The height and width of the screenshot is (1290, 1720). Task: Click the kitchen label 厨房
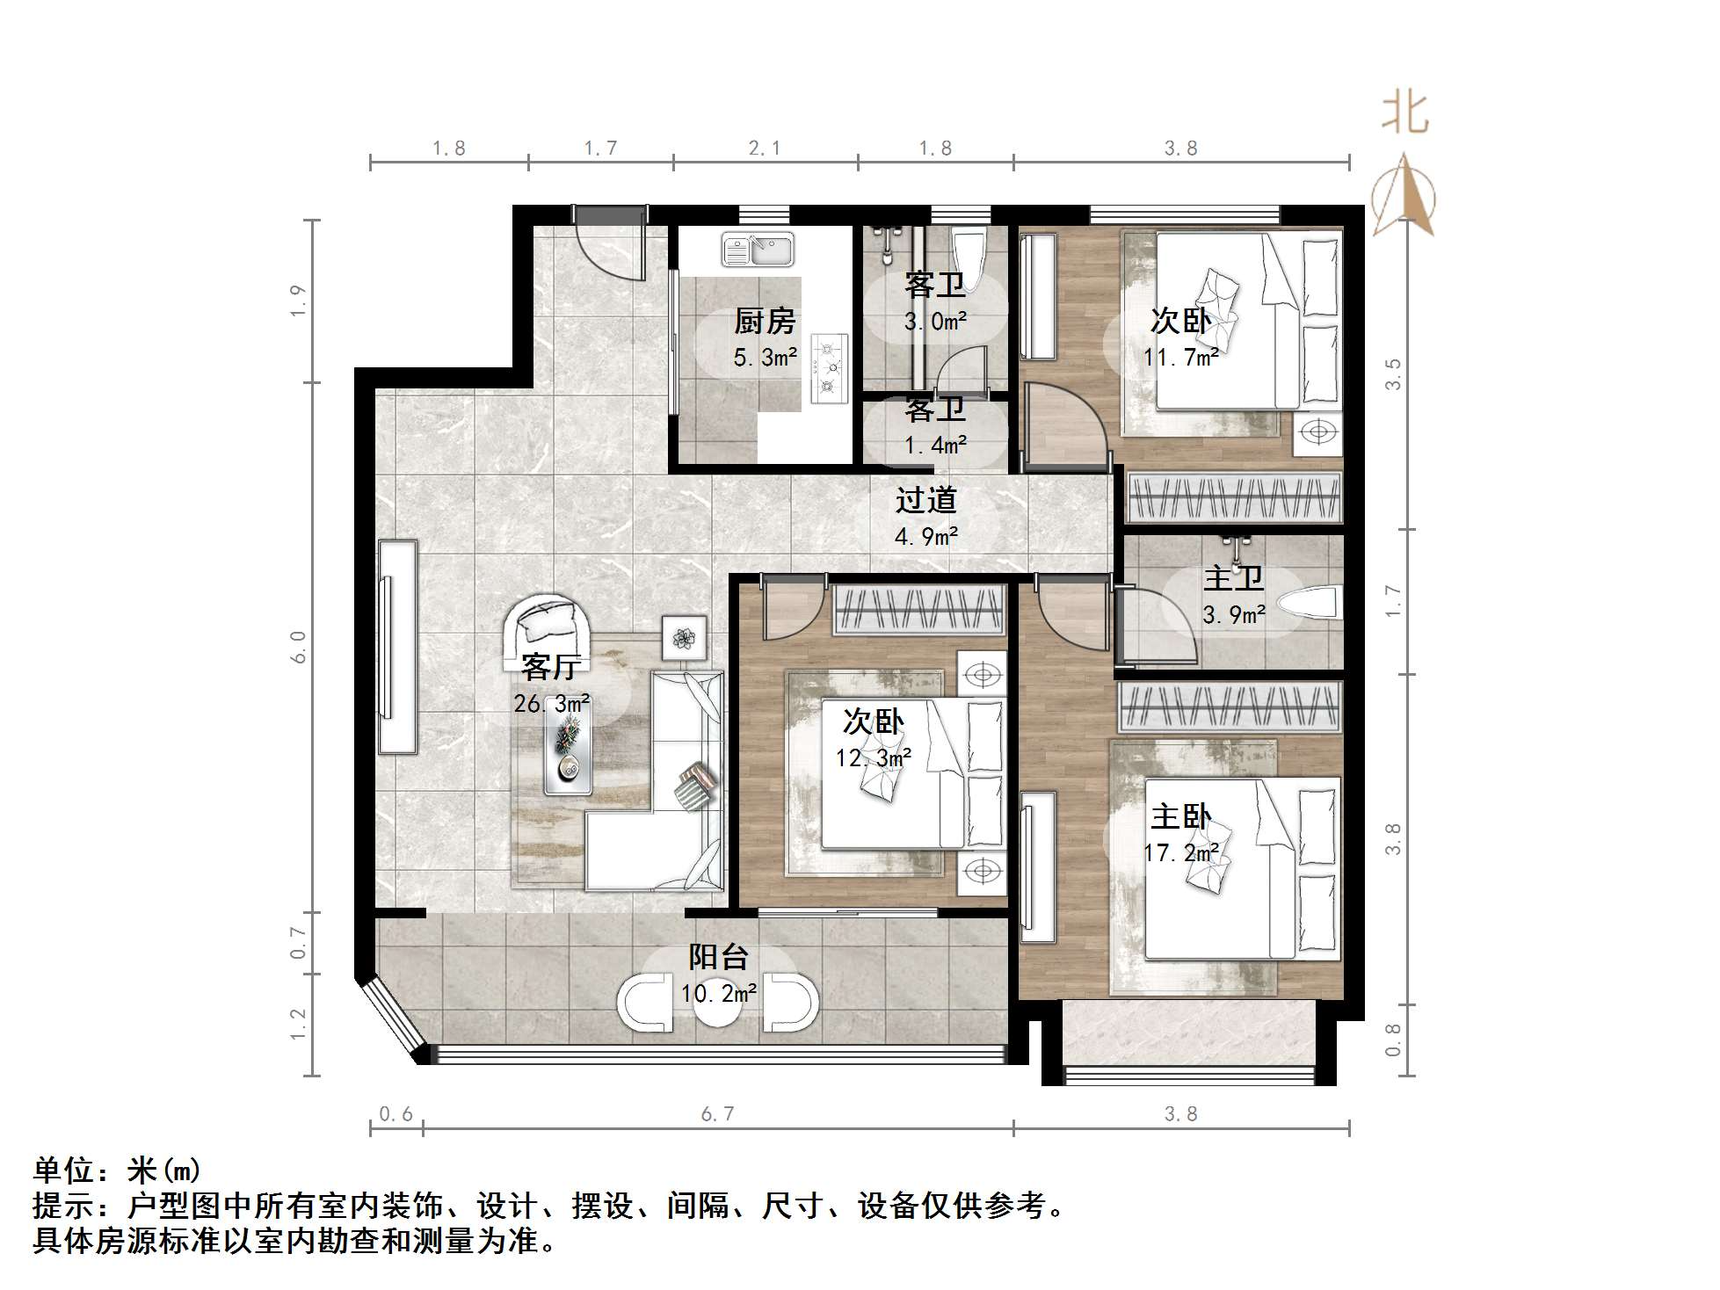765,322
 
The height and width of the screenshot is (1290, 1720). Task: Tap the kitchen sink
758,250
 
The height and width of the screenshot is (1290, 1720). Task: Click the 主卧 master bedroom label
1180,817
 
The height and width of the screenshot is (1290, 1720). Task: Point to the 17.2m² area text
1180,853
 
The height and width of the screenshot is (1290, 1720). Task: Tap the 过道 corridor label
925,501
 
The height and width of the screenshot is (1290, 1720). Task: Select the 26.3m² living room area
552,704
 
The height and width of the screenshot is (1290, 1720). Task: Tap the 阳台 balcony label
718,957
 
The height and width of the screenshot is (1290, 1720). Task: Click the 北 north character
1404,115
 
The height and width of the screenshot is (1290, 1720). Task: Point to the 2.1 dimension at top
764,149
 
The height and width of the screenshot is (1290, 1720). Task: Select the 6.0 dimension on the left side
299,647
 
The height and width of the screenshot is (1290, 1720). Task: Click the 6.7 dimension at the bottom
717,1114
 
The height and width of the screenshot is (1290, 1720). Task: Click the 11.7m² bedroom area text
1180,358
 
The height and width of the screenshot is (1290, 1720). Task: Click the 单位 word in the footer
63,1170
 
